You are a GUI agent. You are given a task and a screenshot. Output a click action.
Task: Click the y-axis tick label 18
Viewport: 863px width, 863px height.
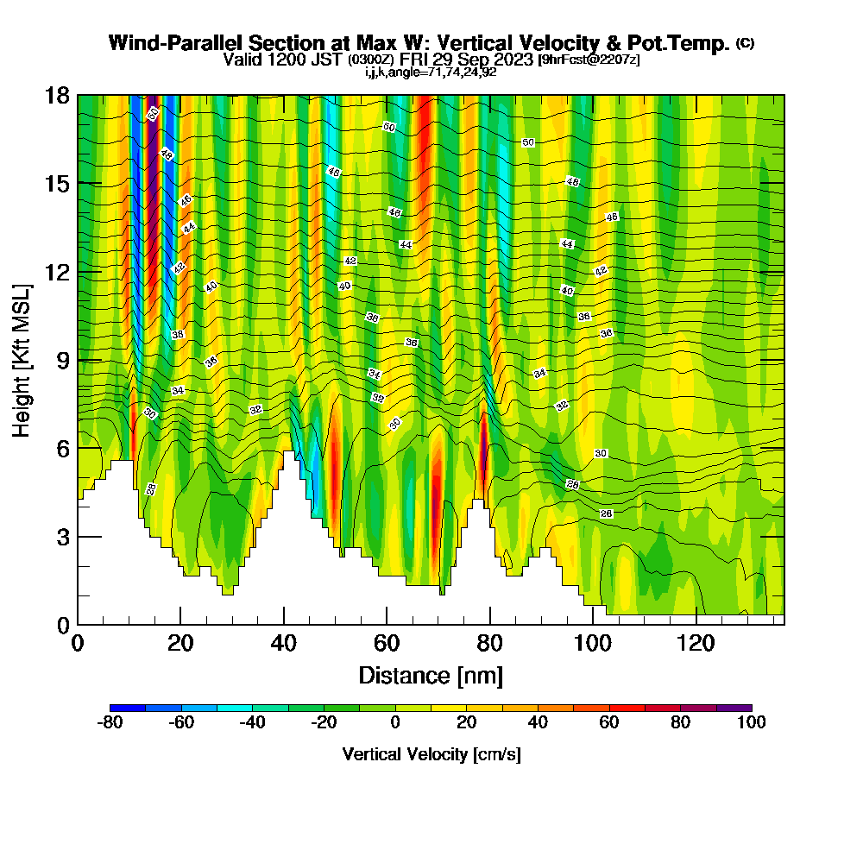click(57, 96)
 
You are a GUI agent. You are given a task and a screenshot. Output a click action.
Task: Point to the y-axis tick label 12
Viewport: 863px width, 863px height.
click(57, 272)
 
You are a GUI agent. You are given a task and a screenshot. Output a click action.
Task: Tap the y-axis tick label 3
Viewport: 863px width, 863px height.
click(63, 537)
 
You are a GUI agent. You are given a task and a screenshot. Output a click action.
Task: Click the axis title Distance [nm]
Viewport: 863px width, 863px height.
click(431, 675)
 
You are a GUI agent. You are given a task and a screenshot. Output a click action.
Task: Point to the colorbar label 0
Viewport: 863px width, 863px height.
click(394, 722)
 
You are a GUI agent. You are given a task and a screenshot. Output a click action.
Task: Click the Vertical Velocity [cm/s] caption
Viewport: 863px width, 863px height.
click(431, 754)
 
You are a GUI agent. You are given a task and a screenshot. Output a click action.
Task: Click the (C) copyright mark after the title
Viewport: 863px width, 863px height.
click(744, 42)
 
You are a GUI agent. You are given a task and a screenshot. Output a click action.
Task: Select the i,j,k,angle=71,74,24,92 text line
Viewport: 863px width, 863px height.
click(431, 72)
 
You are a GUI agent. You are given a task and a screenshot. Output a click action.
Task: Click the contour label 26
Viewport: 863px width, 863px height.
click(607, 513)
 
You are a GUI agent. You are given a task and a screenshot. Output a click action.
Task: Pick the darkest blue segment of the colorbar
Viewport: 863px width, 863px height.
click(127, 708)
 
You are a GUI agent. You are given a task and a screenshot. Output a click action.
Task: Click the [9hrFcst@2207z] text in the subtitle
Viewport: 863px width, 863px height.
click(588, 60)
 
